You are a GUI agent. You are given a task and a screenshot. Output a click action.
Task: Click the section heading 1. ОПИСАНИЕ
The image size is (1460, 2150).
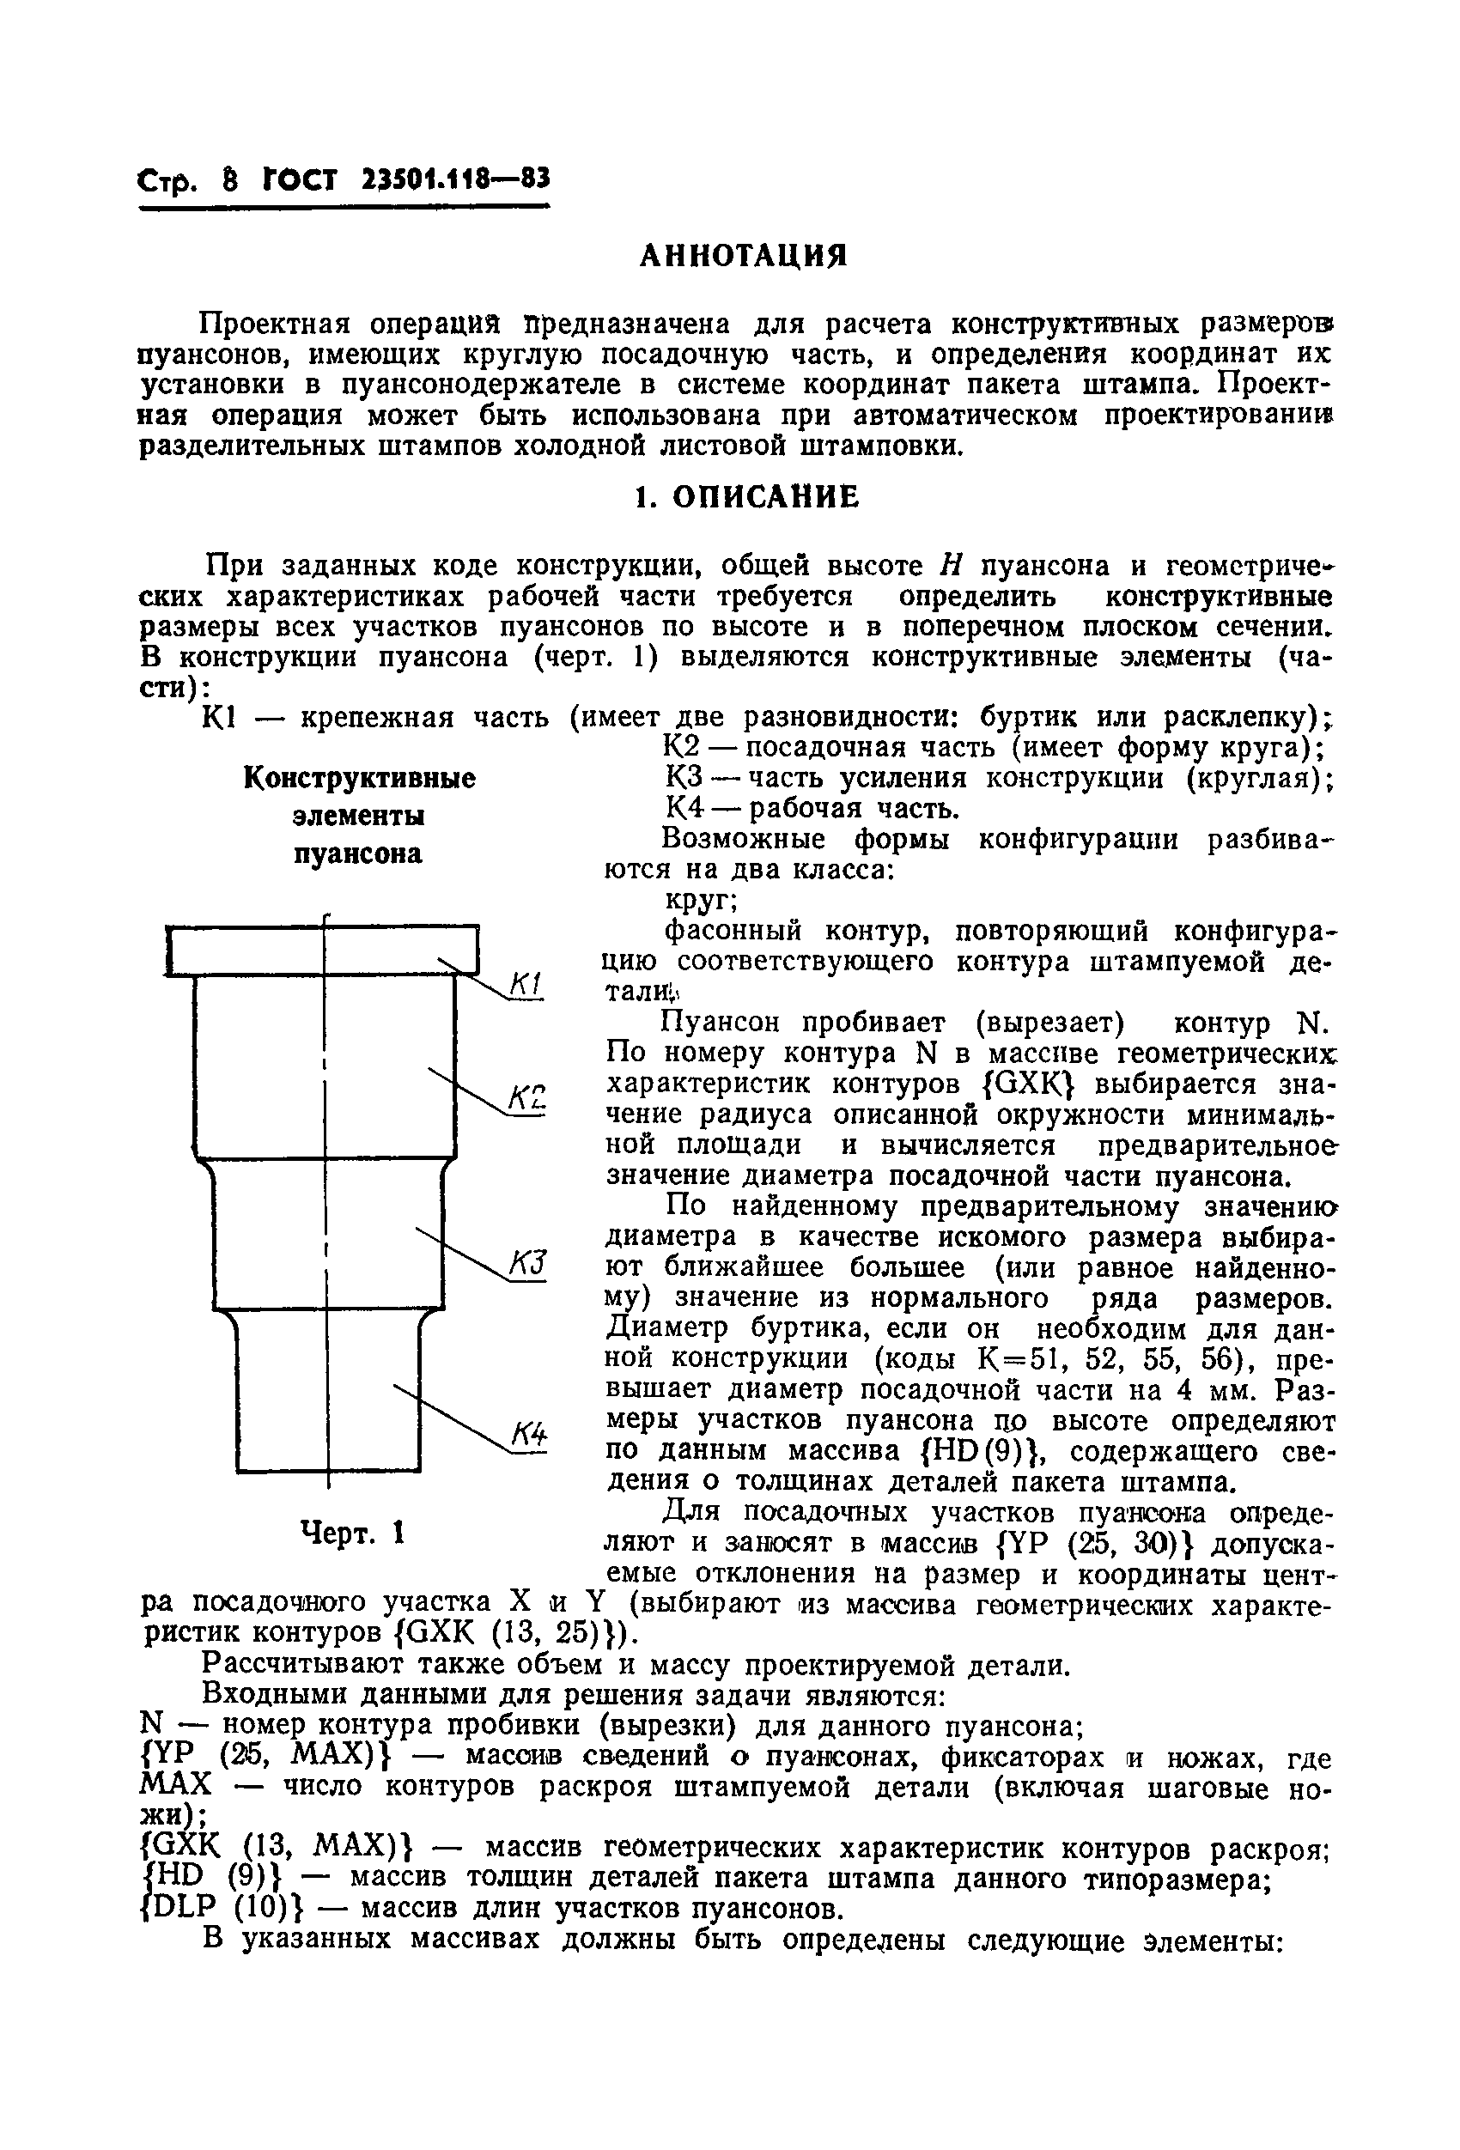point(746,498)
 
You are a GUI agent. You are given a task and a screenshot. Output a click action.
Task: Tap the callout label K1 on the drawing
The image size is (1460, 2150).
point(526,984)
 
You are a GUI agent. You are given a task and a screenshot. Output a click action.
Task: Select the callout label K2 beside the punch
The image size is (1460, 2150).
point(526,1098)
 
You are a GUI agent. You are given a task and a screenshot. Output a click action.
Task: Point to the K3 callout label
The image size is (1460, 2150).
point(527,1264)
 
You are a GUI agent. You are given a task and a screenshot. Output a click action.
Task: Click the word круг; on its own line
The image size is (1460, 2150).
point(701,899)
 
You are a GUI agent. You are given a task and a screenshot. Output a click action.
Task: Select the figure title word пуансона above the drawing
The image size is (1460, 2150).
point(358,853)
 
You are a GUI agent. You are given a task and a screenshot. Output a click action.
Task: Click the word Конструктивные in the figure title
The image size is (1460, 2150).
point(359,779)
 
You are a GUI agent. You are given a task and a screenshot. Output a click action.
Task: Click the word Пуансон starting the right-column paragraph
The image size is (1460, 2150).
point(720,1023)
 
